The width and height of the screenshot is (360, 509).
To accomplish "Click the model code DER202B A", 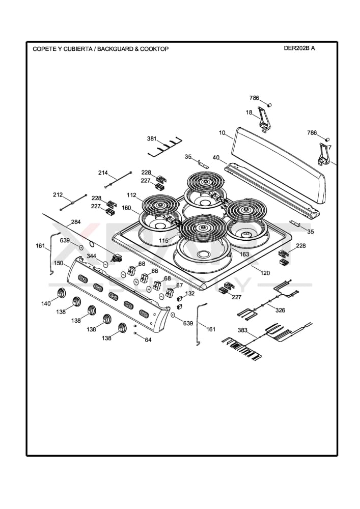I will pos(299,48).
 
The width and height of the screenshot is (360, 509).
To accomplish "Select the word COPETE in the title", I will pos(44,49).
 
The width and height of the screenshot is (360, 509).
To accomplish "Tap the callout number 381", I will pos(152,138).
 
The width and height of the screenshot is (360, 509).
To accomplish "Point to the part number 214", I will pos(103,173).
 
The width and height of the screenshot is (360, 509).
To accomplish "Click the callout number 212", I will pos(58,195).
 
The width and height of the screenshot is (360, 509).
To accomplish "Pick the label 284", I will pos(75,222).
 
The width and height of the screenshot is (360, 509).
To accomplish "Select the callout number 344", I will pos(91,256).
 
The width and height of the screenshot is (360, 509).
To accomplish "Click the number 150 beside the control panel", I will pos(59,263).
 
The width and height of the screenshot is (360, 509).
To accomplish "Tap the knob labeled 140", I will pos(62,293).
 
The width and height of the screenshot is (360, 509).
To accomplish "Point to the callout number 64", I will pos(148,340).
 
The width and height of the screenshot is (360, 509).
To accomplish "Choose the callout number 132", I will pos(189,294).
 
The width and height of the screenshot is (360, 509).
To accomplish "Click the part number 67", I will pos(179,286).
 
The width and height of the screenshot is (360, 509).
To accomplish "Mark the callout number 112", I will pos(132,195).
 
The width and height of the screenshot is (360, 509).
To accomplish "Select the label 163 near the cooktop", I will pos(244,254).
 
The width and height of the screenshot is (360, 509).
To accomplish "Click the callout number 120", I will pos(265,273).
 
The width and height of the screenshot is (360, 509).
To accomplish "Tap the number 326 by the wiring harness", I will pos(280,310).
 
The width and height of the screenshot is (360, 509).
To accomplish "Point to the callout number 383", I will pos(242,330).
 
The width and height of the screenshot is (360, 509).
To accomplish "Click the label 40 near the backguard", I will pos(216,158).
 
